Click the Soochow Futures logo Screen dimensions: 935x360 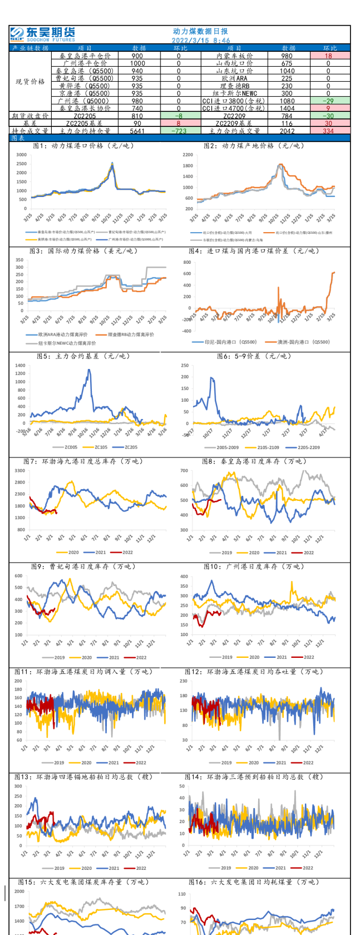tap(42, 34)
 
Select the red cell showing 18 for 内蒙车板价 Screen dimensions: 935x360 tap(328, 56)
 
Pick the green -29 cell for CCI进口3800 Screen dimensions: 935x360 tap(328, 101)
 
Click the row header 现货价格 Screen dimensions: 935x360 tap(30, 82)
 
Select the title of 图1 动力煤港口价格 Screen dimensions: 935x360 tap(83, 146)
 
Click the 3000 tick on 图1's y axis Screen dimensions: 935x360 tap(21, 155)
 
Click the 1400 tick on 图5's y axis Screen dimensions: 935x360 tap(20, 366)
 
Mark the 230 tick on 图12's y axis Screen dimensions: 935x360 tap(183, 681)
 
